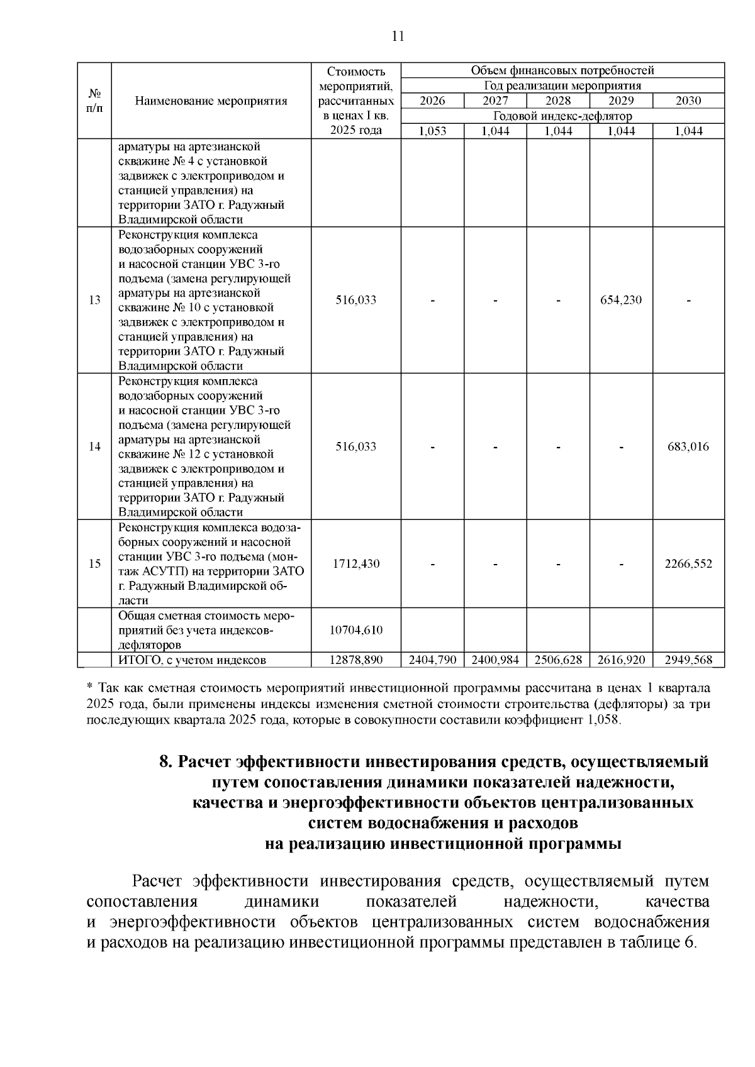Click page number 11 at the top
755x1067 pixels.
[397, 36]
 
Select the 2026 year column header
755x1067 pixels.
[432, 101]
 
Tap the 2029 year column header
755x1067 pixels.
[621, 101]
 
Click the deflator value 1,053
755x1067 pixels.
[432, 131]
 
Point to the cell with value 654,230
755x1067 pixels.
[621, 300]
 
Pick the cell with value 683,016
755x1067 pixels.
[688, 447]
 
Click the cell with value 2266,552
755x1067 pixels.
[688, 563]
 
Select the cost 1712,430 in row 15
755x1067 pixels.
[356, 563]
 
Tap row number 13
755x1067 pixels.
[94, 300]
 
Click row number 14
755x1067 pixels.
[94, 447]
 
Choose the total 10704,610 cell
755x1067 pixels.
[356, 630]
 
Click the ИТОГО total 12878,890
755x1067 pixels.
[356, 660]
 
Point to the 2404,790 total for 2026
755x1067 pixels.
[432, 660]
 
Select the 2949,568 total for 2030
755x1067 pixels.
[688, 660]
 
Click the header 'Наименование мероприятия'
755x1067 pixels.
[211, 101]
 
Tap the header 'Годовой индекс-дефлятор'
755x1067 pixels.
[562, 116]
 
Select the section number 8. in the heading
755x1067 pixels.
[166, 762]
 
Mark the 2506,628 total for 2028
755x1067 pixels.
[558, 660]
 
